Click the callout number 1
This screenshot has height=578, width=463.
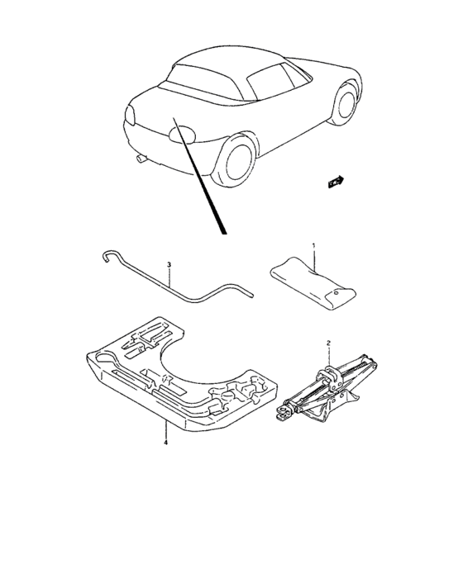pos(314,245)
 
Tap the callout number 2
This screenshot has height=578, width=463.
pos(328,343)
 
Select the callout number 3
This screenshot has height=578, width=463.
pos(169,265)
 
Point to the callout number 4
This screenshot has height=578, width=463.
pos(166,443)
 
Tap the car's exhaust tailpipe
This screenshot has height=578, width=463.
pos(141,159)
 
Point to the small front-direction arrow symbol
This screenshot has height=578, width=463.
pos(335,182)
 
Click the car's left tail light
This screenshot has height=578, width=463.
pos(130,114)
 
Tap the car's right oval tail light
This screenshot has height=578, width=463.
pos(182,135)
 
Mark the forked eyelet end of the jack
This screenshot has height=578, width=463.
pos(284,413)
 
